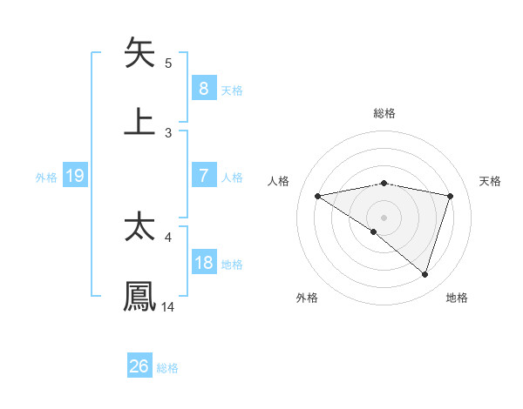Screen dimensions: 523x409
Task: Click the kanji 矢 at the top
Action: (139, 53)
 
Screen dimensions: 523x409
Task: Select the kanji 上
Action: (139, 121)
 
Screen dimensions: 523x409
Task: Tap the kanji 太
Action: (139, 227)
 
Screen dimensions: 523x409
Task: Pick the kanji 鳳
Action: (139, 296)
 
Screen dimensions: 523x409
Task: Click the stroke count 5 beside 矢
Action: (168, 64)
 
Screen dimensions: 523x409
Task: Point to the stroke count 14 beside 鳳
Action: (168, 306)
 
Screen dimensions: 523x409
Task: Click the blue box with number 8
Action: (203, 88)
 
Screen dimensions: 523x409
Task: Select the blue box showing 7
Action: (203, 176)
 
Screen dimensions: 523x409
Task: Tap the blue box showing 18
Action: (203, 263)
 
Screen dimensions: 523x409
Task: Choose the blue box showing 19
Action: (74, 176)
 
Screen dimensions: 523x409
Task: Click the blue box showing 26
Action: (139, 366)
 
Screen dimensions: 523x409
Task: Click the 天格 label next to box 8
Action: (232, 90)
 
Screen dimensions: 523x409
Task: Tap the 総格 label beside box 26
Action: (167, 368)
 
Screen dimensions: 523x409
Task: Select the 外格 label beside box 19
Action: (46, 178)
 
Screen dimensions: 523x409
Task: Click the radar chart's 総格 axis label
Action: (384, 114)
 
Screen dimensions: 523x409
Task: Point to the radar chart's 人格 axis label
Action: (280, 180)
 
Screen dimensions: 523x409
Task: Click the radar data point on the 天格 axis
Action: (451, 196)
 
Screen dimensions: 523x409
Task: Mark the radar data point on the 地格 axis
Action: (425, 274)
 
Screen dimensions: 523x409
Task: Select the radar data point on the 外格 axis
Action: (374, 231)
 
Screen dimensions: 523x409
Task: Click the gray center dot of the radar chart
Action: (384, 217)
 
